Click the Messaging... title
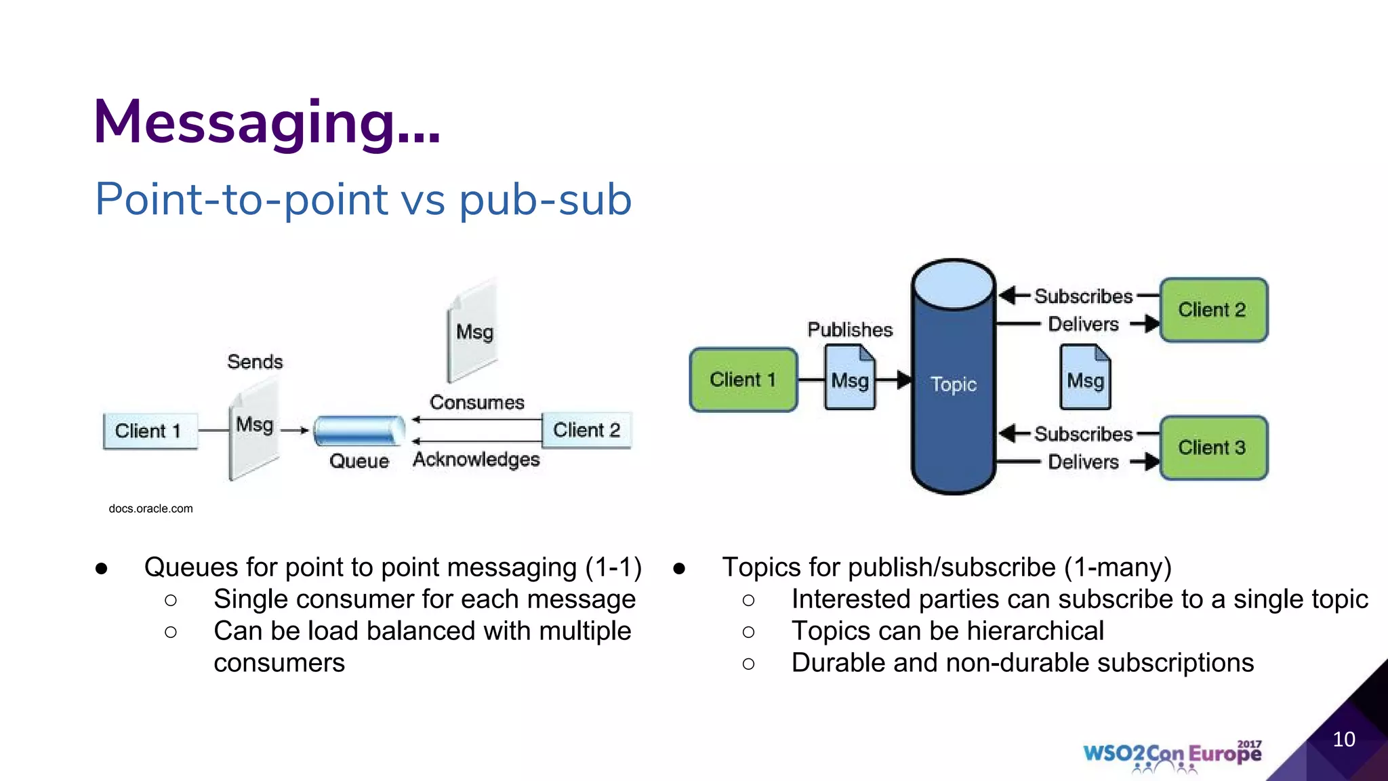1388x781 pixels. pyautogui.click(x=266, y=123)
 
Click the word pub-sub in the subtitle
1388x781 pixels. pyautogui.click(x=545, y=200)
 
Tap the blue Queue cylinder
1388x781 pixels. pyautogui.click(x=359, y=430)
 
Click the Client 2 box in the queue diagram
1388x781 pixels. pyautogui.click(x=586, y=430)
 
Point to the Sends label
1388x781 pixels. pyautogui.click(x=255, y=361)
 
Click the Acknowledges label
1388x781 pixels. pyautogui.click(x=476, y=460)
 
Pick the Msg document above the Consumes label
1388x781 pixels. pyautogui.click(x=474, y=332)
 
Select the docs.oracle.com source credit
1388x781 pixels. pyautogui.click(x=150, y=508)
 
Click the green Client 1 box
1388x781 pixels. pyautogui.click(x=743, y=380)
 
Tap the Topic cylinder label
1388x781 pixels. pyautogui.click(x=953, y=384)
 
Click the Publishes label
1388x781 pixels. pyautogui.click(x=850, y=330)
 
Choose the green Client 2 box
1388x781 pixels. pyautogui.click(x=1212, y=310)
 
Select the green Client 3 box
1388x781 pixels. pyautogui.click(x=1212, y=448)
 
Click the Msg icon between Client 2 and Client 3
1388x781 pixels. pyautogui.click(x=1085, y=378)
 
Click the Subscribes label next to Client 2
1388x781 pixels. pyautogui.click(x=1083, y=296)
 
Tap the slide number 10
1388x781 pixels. pyautogui.click(x=1343, y=739)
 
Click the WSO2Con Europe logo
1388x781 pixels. pyautogui.click(x=1172, y=755)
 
